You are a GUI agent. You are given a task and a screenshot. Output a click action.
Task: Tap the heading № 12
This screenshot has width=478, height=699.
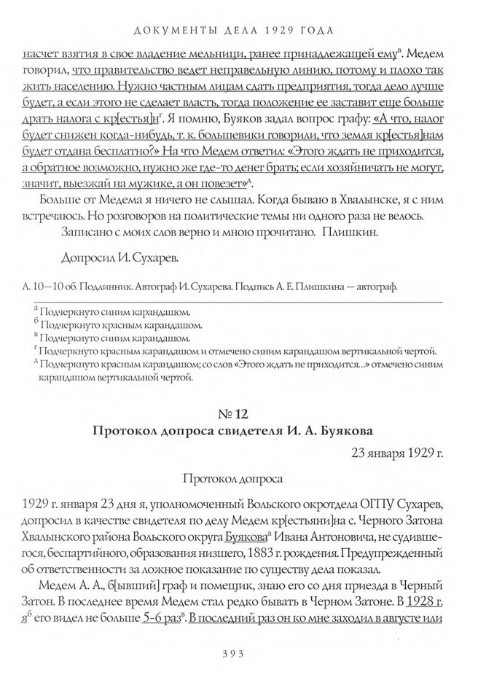[239, 414]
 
